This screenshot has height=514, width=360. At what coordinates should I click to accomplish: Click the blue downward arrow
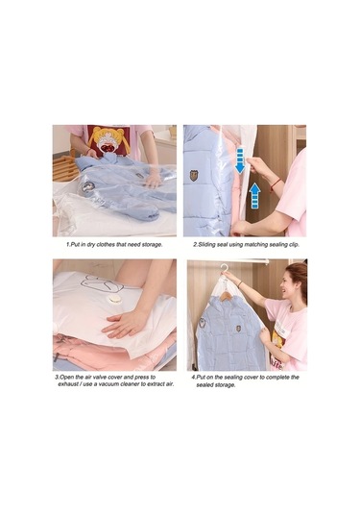240,160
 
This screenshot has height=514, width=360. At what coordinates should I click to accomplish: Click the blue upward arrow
254,196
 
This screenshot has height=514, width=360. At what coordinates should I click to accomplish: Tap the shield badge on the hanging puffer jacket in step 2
194,176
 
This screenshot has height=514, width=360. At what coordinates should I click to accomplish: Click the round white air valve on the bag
115,299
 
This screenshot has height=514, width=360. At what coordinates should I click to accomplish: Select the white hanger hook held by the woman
224,269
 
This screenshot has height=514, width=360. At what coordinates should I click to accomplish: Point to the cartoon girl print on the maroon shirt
108,140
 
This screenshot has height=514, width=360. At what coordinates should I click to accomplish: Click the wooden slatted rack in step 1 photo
65,168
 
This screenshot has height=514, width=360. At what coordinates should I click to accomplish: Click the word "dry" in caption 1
86,245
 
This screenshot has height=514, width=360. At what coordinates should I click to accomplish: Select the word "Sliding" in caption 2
206,245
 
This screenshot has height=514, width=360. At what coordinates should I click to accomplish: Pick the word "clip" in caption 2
293,245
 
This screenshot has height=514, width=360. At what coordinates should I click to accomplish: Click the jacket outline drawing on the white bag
102,283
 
